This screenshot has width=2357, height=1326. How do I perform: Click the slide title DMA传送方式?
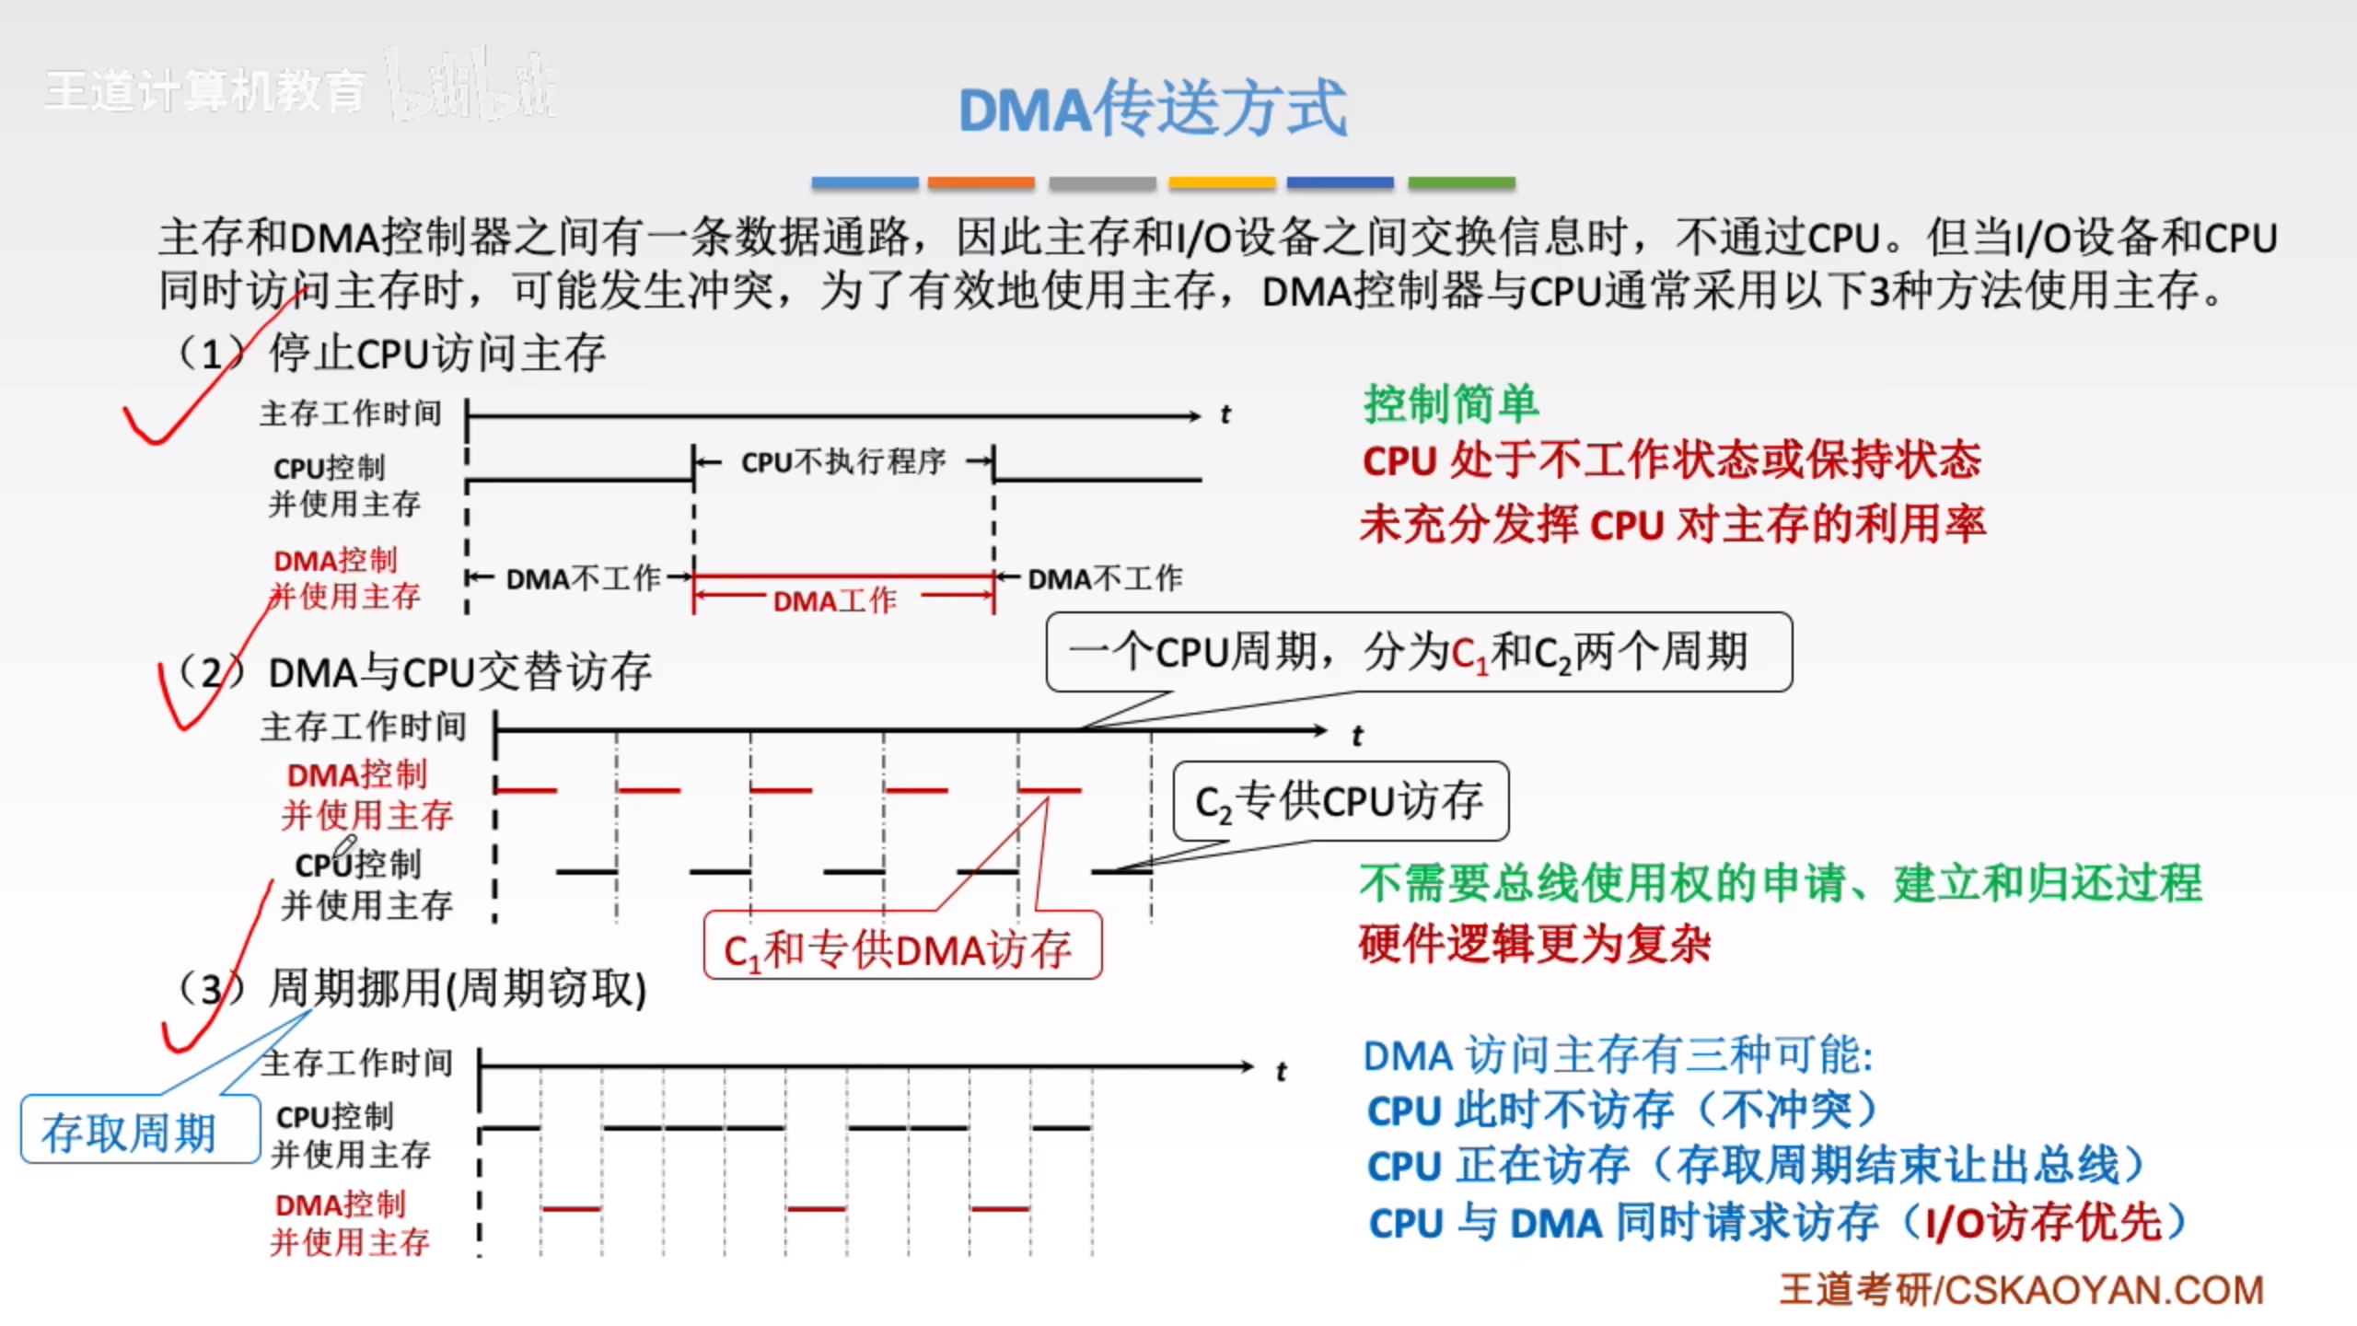tap(1153, 109)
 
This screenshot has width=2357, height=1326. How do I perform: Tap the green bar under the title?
tap(1461, 182)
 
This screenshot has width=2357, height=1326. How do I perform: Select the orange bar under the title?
tap(981, 182)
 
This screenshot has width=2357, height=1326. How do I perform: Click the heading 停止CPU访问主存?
tap(436, 354)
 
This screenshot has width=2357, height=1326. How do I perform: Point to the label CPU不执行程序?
tap(843, 461)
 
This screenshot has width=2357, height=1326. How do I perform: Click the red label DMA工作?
tap(834, 601)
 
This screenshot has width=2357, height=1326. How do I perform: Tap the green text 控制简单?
tap(1451, 404)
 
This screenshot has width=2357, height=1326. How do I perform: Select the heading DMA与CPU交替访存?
tap(459, 672)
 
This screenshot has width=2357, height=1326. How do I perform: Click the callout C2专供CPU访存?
tap(1340, 801)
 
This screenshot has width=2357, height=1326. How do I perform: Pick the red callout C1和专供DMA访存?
tap(900, 948)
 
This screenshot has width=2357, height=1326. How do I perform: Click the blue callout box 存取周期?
tap(130, 1132)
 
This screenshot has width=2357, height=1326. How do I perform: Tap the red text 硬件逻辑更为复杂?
tap(1535, 945)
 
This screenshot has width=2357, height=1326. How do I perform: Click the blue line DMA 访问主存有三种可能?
tap(1618, 1055)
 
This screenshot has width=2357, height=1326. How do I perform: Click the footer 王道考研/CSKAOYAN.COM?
tap(2021, 1289)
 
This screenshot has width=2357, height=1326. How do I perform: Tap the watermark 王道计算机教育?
tap(204, 92)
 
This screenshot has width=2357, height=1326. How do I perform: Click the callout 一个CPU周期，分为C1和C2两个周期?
tap(1418, 652)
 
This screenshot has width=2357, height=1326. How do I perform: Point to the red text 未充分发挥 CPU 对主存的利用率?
tap(1672, 525)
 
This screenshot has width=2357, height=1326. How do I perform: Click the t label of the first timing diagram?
tap(1225, 415)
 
